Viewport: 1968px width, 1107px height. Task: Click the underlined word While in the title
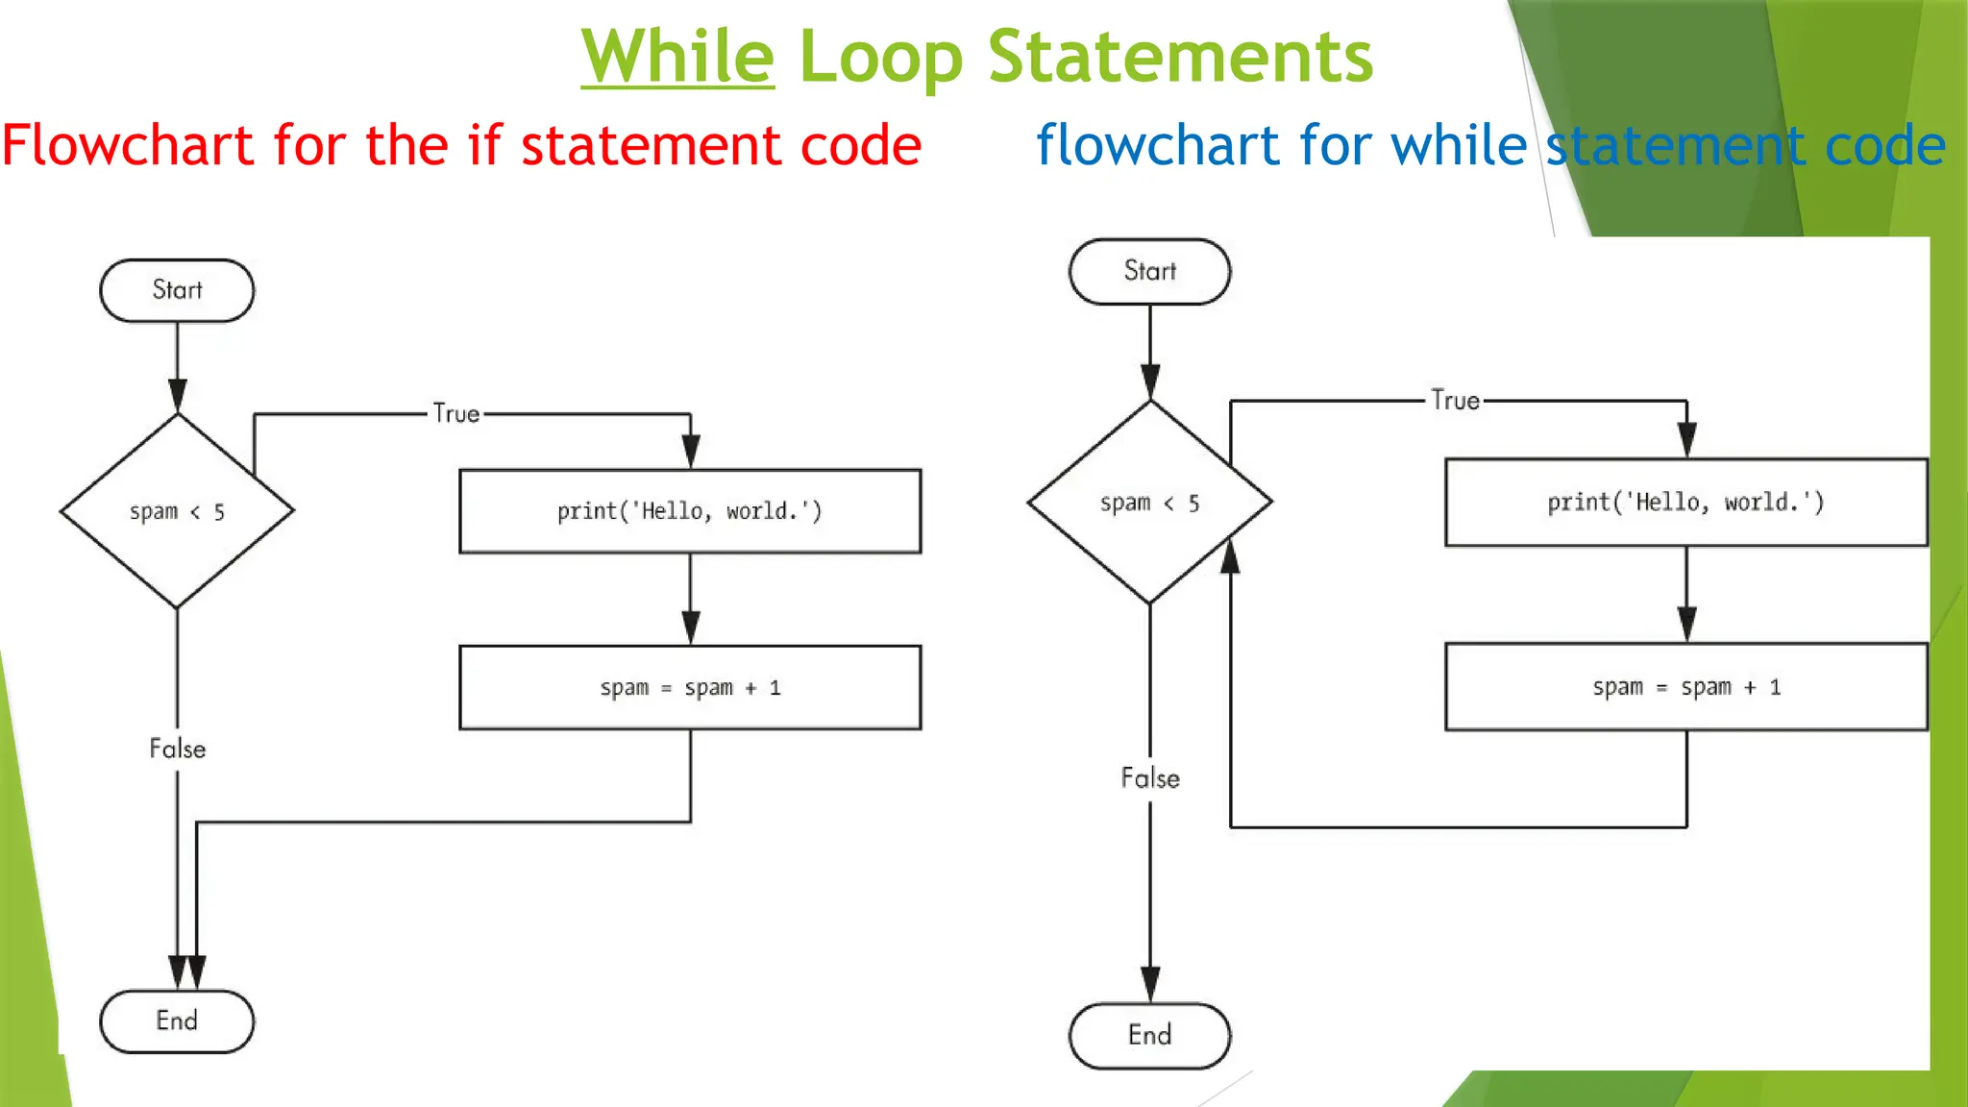pos(677,57)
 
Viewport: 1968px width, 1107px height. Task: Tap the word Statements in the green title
pos(1180,57)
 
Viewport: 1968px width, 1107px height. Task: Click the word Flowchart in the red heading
pos(128,145)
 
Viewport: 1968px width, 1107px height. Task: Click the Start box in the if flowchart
pos(177,290)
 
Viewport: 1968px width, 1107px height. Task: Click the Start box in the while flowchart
pos(1149,272)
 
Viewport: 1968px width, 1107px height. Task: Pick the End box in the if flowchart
pos(177,1021)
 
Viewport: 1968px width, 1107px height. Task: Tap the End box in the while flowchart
pos(1149,1035)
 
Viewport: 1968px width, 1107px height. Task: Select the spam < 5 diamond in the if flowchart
pos(177,511)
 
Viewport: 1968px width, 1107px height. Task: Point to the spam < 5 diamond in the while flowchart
pos(1149,503)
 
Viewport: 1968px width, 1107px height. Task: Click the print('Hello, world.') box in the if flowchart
pos(690,511)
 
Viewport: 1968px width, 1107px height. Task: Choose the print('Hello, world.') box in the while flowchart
pos(1685,503)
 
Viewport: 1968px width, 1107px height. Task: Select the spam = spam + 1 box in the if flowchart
pos(690,688)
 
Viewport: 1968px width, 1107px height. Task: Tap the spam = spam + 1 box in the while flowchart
pos(1685,687)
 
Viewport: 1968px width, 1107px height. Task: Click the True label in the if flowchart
pos(455,414)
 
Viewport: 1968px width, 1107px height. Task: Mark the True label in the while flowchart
pos(1455,401)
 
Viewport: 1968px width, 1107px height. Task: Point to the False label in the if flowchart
pos(178,749)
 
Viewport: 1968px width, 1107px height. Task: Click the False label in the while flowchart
pos(1150,778)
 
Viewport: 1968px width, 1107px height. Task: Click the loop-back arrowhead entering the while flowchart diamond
pos(1230,556)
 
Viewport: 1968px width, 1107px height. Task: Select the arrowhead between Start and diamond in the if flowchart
pos(178,394)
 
